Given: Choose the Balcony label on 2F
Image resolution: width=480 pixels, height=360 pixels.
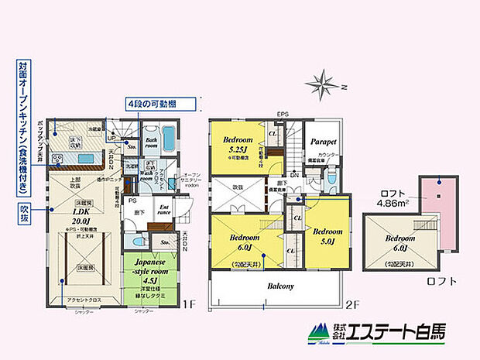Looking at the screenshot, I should pyautogui.click(x=280, y=286).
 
